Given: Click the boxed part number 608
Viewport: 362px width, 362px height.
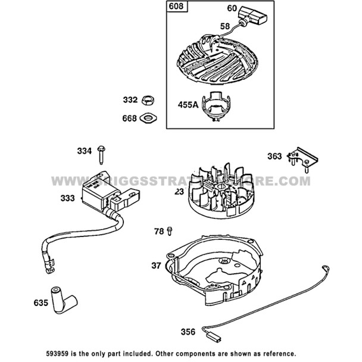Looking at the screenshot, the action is tap(177, 8).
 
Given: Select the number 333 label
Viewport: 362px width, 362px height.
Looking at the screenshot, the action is tap(68, 198).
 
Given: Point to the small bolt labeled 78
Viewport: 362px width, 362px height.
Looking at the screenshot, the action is tap(171, 229).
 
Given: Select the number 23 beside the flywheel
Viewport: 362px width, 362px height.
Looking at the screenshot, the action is tap(179, 192).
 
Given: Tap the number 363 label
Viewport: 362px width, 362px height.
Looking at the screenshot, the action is tap(274, 157).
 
